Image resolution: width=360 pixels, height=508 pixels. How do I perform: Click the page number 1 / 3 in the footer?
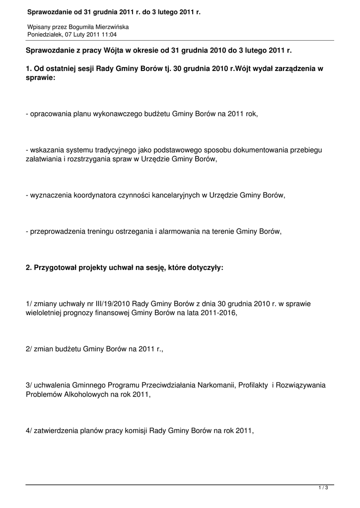[x=323, y=488]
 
